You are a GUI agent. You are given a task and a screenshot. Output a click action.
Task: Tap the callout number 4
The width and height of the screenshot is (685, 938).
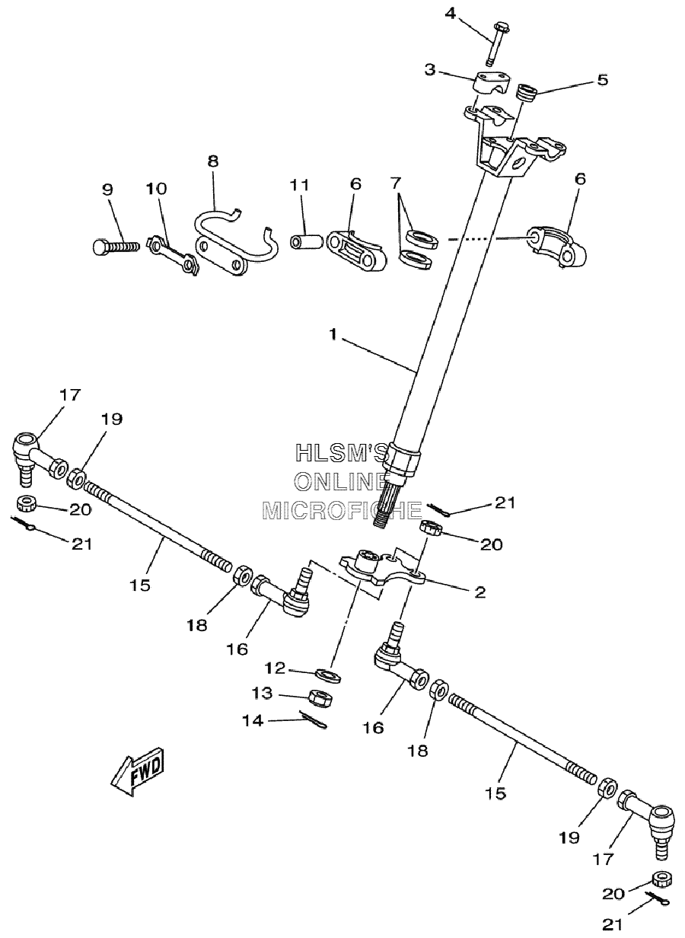click(450, 14)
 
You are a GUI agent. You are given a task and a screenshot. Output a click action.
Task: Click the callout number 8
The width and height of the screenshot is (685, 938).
click(212, 161)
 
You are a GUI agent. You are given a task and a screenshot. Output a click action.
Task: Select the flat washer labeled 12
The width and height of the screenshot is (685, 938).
click(329, 675)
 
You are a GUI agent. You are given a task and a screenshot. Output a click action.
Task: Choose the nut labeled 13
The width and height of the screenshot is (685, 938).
click(320, 697)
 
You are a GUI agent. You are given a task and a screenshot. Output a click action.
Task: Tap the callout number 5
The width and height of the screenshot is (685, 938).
click(602, 80)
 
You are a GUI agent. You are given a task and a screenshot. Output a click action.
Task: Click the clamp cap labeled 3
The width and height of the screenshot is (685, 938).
click(492, 82)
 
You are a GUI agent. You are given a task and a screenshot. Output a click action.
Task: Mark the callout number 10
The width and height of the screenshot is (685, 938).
click(156, 188)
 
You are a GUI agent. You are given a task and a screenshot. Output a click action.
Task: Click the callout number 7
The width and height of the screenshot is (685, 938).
click(395, 182)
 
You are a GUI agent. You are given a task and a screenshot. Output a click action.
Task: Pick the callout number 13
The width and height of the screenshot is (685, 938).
click(262, 693)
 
